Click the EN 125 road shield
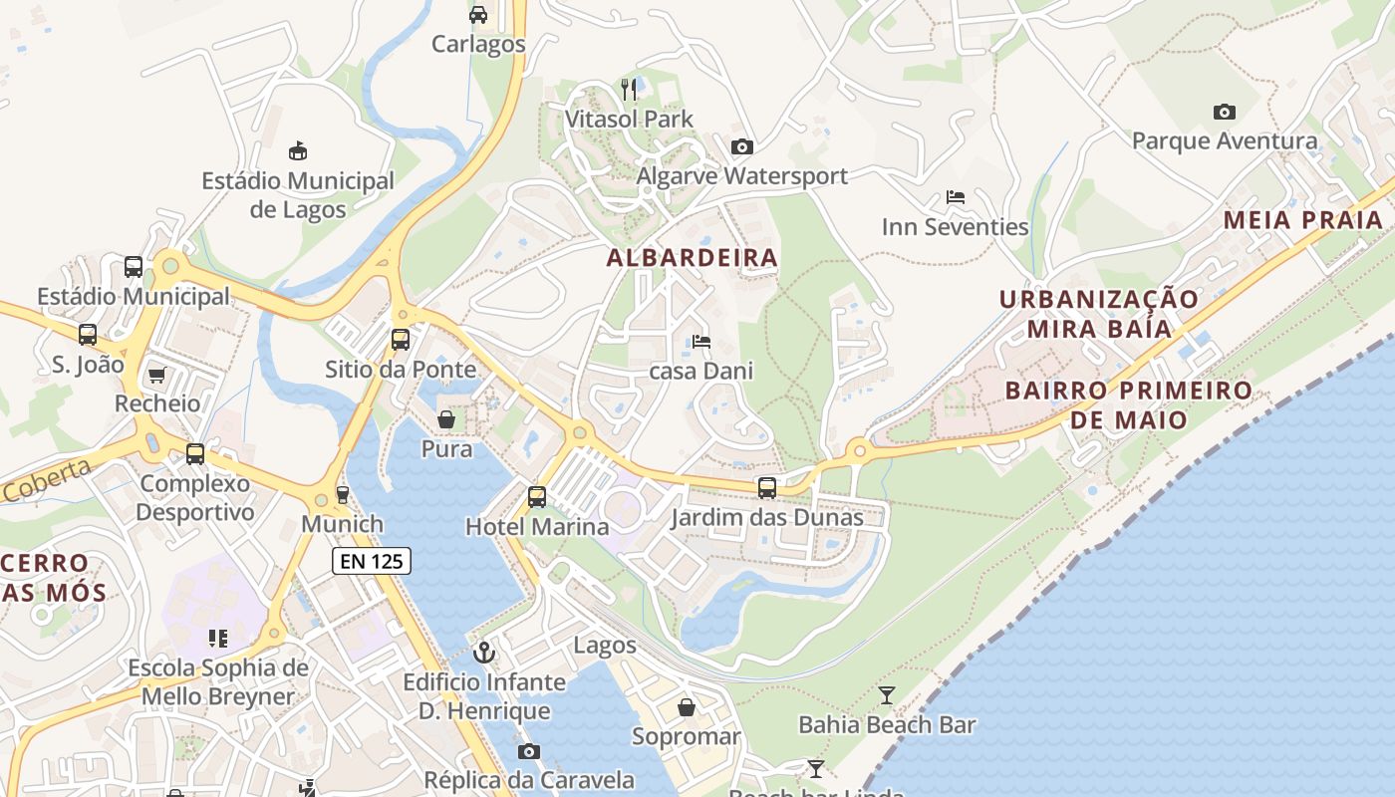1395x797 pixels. (372, 561)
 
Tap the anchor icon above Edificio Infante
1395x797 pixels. (484, 653)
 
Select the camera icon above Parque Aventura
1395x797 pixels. (1225, 112)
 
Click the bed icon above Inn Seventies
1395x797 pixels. (955, 197)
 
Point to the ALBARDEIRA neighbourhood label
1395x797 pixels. (693, 257)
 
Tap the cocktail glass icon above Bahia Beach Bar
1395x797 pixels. (887, 694)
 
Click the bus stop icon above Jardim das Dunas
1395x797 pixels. (766, 487)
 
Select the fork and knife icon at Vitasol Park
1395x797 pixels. (629, 90)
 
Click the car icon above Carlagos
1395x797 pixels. (478, 14)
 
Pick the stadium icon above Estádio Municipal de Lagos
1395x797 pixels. (297, 151)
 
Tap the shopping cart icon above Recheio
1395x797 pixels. (156, 375)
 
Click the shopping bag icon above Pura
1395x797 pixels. (446, 419)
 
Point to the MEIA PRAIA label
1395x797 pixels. (1303, 220)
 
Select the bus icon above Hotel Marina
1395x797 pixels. (537, 496)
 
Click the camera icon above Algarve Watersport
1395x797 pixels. (741, 147)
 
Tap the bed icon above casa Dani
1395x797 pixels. (701, 342)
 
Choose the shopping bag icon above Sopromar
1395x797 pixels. (687, 707)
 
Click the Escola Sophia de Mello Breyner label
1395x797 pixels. (218, 681)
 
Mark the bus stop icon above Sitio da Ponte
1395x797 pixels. (401, 339)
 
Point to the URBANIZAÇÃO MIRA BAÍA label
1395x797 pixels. (1099, 314)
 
